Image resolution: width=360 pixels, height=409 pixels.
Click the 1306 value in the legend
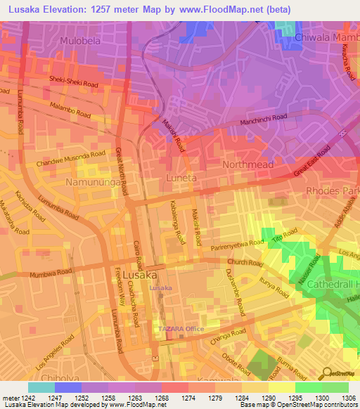coord(349,397)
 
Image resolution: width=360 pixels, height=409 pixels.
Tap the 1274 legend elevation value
coord(188,397)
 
